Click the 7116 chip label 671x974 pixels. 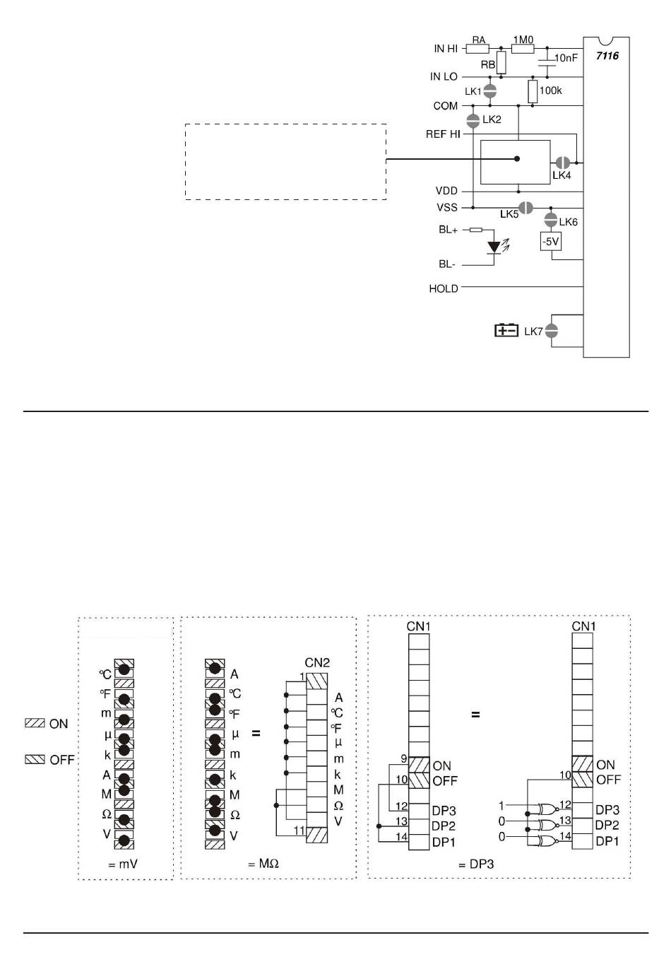[607, 55]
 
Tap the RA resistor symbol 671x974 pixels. [478, 49]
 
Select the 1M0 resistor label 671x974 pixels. [523, 40]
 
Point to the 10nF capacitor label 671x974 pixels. [566, 58]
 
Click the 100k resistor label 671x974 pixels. [550, 90]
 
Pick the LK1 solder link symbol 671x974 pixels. [489, 90]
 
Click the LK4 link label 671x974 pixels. [562, 175]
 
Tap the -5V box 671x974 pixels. [550, 242]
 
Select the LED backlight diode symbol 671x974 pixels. [494, 247]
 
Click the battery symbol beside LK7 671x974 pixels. [506, 330]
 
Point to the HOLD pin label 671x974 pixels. [444, 288]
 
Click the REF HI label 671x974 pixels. [443, 134]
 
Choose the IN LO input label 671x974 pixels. [444, 76]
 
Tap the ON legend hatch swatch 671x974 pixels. [35, 723]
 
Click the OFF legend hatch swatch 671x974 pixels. [35, 760]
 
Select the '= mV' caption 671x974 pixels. [122, 864]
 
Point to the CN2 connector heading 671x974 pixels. [317, 663]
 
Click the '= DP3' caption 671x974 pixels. [475, 864]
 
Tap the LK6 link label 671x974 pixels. [568, 222]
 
